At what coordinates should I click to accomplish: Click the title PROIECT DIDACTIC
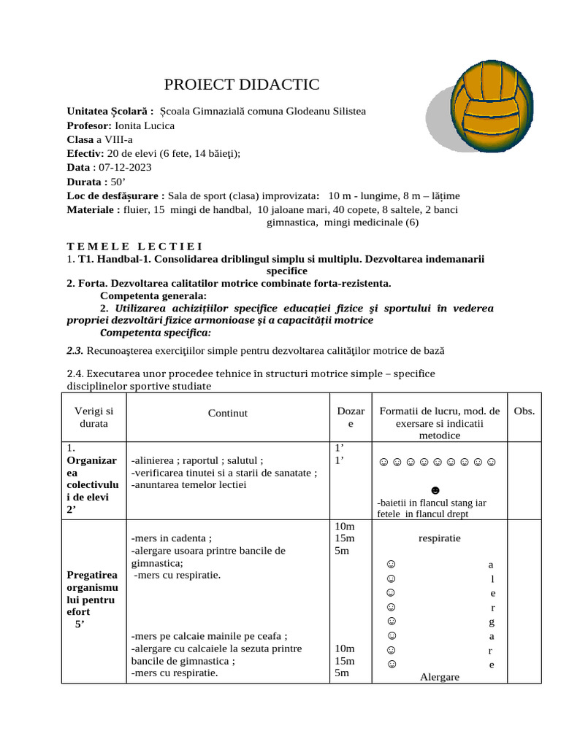(242, 85)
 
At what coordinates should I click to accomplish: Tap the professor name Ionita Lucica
(145, 125)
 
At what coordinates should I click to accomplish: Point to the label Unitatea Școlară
(110, 111)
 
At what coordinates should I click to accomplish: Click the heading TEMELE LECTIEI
(134, 246)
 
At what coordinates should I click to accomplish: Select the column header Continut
(227, 413)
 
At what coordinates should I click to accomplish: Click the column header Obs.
(524, 411)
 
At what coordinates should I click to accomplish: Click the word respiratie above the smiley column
(439, 538)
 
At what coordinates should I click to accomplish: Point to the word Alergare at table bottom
(440, 677)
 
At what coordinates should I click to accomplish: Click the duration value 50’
(118, 182)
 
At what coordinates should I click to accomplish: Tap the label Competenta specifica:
(155, 333)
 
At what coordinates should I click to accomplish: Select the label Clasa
(80, 139)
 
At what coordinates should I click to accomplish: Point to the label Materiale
(93, 210)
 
